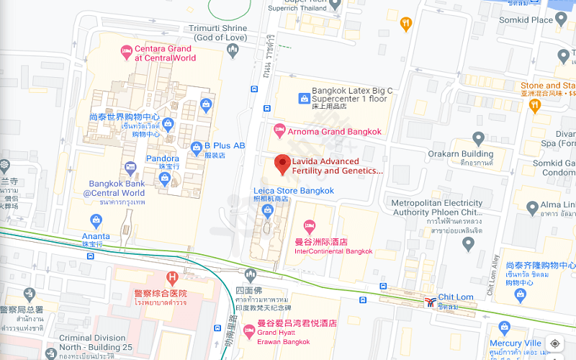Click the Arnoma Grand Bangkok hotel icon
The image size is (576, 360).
click(x=280, y=132)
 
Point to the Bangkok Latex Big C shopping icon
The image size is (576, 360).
click(x=302, y=98)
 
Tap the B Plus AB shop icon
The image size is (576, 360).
click(x=196, y=148)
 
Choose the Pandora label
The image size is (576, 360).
click(x=163, y=158)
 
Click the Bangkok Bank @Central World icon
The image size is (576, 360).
click(x=130, y=168)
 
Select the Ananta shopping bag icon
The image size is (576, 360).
click(x=96, y=220)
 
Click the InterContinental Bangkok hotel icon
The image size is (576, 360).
click(x=310, y=226)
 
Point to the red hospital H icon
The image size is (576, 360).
click(x=172, y=277)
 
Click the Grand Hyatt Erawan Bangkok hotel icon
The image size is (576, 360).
click(x=249, y=331)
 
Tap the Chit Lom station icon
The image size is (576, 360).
click(x=429, y=301)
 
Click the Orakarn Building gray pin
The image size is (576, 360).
click(x=478, y=138)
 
